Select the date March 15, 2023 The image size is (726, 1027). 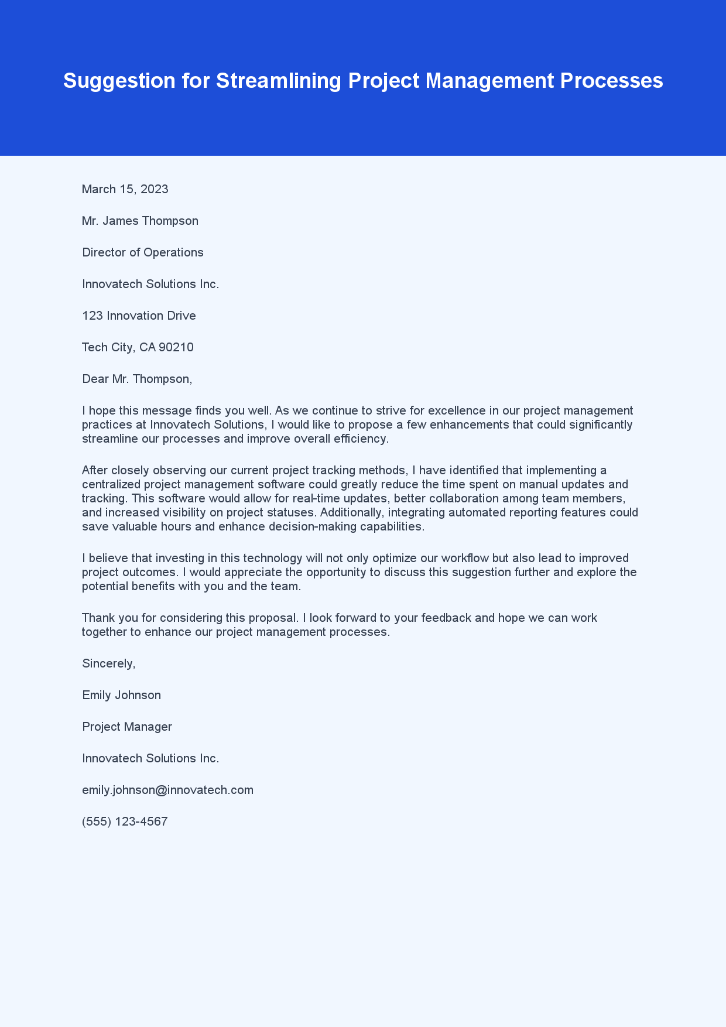125,189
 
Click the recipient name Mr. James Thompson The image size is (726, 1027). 140,221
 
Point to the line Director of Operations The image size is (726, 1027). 143,252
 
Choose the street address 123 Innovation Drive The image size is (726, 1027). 139,316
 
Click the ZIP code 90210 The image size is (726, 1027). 176,347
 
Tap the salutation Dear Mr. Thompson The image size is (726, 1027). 137,379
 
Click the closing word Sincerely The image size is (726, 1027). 108,663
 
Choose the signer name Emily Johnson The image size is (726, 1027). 121,695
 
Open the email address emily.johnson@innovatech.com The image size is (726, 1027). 167,790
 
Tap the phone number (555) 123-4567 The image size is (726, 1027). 125,821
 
